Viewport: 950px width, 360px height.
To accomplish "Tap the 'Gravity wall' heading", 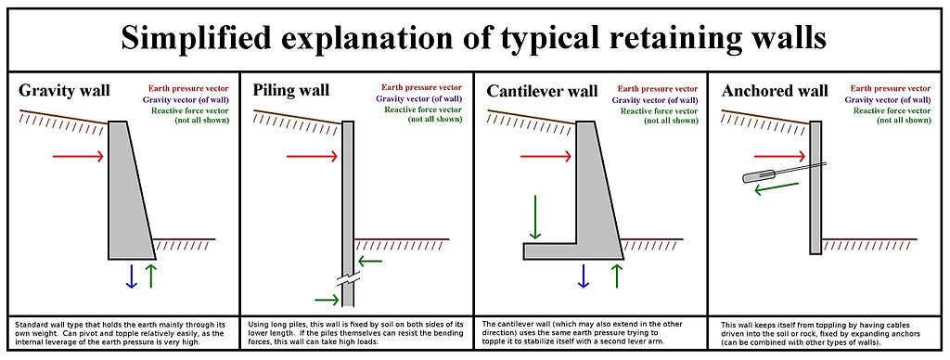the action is (64, 91).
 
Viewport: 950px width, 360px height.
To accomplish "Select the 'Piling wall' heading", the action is (290, 90).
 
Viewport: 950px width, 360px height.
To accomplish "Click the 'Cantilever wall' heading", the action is (542, 91).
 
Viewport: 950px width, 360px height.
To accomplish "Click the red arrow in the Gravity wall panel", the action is (78, 157).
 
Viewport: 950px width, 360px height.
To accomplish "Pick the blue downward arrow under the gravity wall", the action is (131, 276).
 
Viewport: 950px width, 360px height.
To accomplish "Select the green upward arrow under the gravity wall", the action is (151, 276).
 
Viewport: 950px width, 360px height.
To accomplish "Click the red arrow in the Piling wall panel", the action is (312, 157).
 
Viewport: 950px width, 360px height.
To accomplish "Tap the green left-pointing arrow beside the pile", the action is (369, 262).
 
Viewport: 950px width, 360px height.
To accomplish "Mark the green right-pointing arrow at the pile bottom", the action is (327, 300).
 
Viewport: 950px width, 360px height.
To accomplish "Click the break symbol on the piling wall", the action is (348, 281).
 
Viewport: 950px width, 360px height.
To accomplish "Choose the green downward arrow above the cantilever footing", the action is (534, 217).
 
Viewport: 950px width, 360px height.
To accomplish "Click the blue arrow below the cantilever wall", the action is (584, 276).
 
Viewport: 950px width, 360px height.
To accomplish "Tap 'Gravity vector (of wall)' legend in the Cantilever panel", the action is (654, 99).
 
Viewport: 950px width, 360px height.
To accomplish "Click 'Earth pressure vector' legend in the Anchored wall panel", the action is (891, 88).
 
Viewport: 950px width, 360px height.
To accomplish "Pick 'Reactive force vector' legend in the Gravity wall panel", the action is (190, 110).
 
